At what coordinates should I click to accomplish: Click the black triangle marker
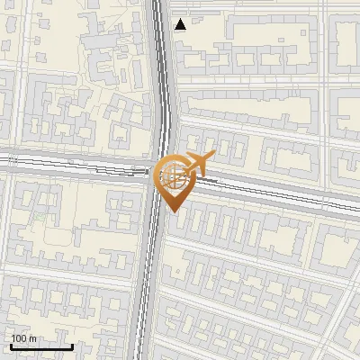(x=181, y=24)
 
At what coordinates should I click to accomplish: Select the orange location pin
(x=172, y=180)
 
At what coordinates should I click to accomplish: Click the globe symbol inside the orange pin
(x=171, y=176)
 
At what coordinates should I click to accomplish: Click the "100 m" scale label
(x=23, y=338)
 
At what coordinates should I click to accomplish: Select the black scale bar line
(x=41, y=346)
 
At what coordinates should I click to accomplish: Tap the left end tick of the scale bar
(x=11, y=345)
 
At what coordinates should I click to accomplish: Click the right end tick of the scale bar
(x=72, y=345)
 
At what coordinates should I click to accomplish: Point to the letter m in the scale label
(x=32, y=338)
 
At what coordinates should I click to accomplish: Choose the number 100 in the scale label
(x=19, y=338)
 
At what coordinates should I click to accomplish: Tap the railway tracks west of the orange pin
(x=72, y=166)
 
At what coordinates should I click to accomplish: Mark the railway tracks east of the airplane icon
(x=288, y=193)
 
